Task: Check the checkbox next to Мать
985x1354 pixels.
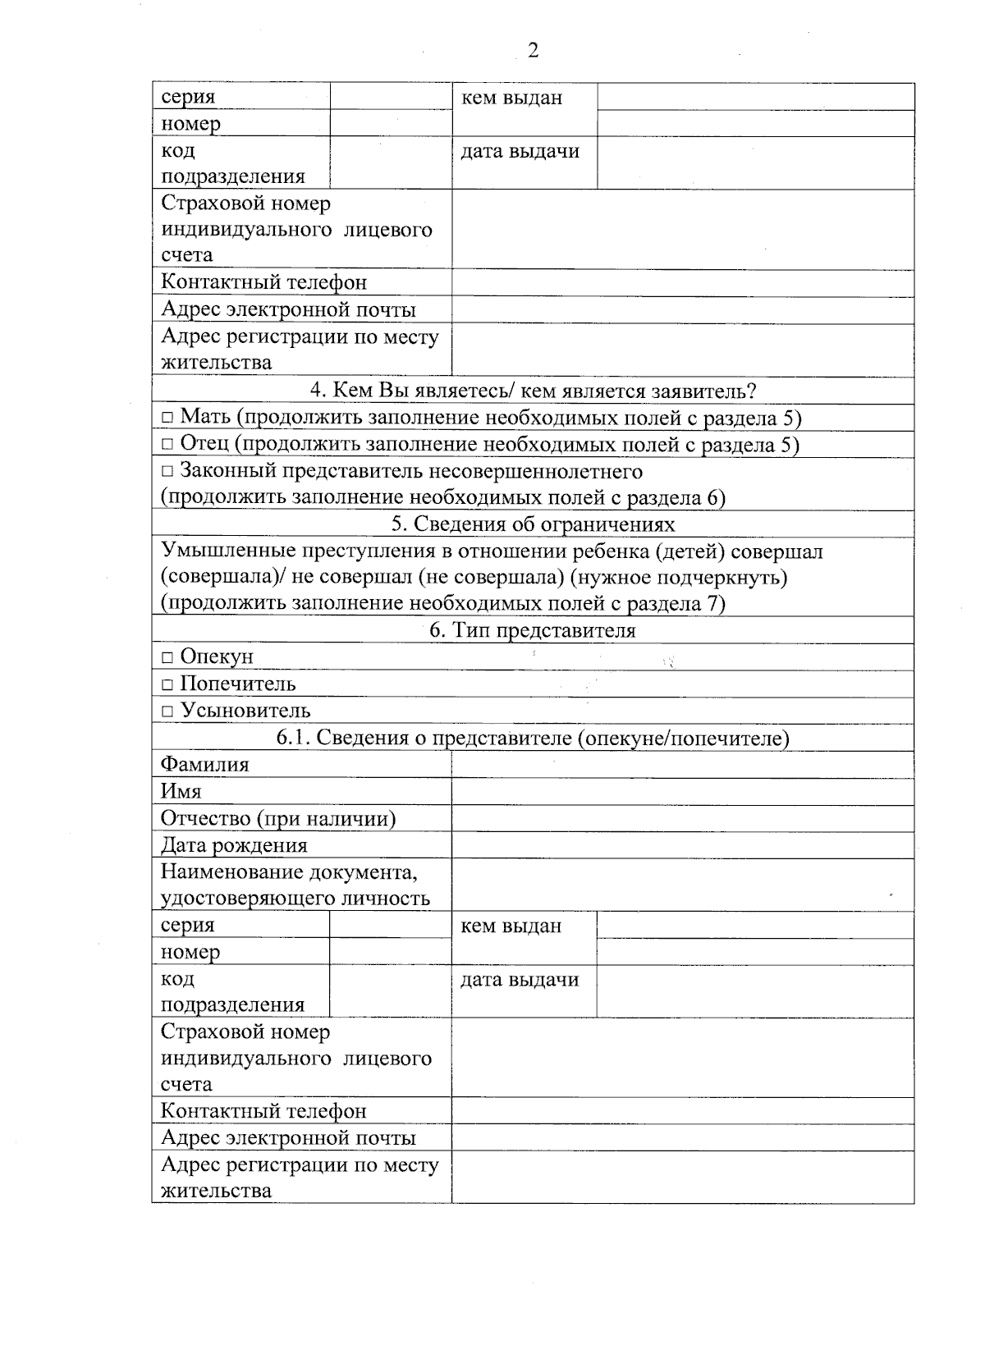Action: (x=167, y=419)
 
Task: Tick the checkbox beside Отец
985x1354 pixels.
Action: (x=167, y=445)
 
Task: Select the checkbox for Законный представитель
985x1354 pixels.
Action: (x=167, y=472)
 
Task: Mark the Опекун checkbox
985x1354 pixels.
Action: (x=167, y=658)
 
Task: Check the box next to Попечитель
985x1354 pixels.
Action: (x=167, y=685)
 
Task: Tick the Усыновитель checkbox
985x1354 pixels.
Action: (x=167, y=711)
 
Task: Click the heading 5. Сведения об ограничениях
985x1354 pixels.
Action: (x=533, y=524)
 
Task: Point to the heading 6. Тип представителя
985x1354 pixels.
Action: (x=533, y=631)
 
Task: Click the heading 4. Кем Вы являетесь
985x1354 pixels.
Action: (x=533, y=391)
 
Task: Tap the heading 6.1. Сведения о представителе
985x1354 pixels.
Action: (x=533, y=739)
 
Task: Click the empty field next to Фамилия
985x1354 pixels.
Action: (x=682, y=765)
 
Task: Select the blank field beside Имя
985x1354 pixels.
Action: (x=682, y=792)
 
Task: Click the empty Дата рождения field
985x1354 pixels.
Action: (x=682, y=845)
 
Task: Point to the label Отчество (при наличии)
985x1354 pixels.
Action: (x=278, y=819)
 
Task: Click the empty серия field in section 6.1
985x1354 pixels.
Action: (x=390, y=926)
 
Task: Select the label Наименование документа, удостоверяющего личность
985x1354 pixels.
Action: (x=295, y=885)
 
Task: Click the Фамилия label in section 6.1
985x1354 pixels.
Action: (x=204, y=765)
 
